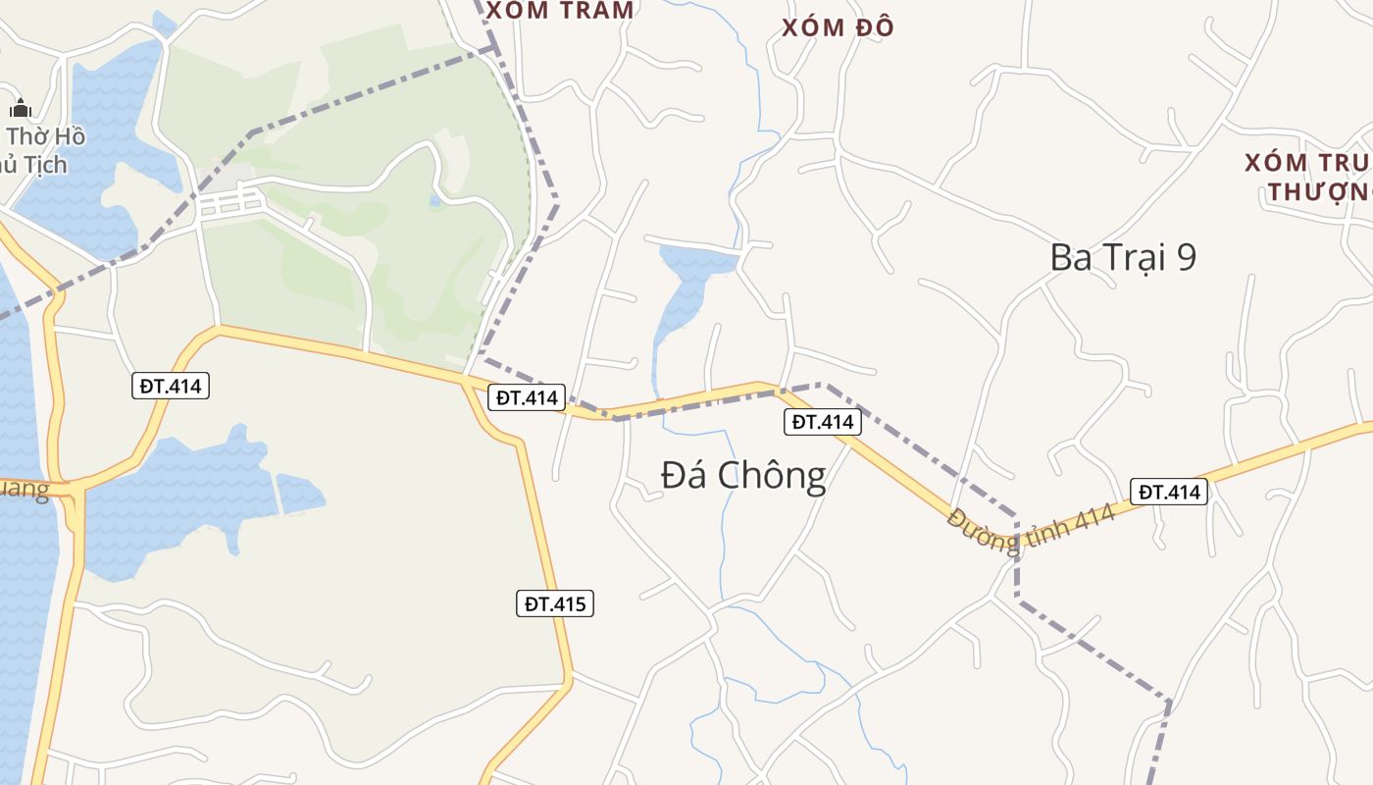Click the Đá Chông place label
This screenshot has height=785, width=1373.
point(743,476)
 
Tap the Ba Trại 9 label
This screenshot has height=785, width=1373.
point(1123,257)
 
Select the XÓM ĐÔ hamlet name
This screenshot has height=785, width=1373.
point(838,27)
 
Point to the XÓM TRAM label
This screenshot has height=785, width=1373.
point(560,11)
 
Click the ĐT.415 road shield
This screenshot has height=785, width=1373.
point(555,603)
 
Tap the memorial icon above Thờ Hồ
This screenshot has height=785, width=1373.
point(21,108)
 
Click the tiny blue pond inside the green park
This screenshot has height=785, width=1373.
point(435,201)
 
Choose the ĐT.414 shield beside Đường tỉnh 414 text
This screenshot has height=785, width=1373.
point(1168,492)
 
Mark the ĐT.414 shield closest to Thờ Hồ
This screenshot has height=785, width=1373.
point(171,386)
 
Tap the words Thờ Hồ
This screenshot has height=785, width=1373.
point(47,136)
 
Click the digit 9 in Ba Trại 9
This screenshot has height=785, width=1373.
point(1186,257)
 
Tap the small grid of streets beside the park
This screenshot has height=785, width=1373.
point(231,203)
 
